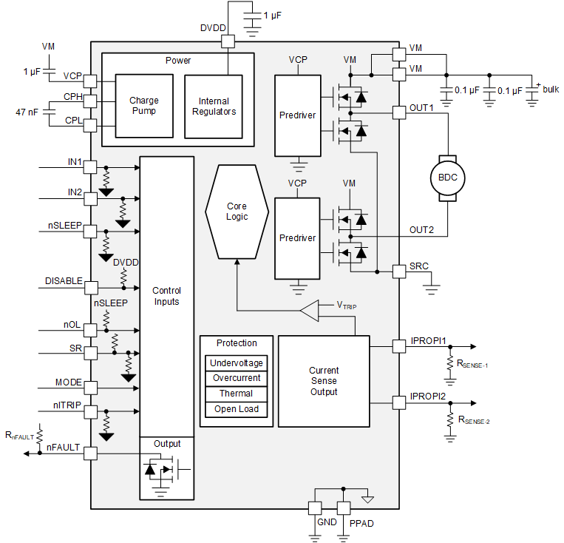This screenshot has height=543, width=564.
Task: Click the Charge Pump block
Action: (x=143, y=106)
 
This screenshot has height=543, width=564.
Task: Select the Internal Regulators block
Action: (x=214, y=106)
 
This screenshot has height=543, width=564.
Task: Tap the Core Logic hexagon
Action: (x=237, y=211)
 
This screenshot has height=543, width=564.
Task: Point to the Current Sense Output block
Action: (x=324, y=381)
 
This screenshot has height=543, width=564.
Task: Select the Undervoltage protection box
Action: (x=236, y=363)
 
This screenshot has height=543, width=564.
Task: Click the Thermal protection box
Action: (x=236, y=394)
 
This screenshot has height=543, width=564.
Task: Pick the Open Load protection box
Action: (x=236, y=409)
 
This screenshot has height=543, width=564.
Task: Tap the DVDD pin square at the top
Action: (x=228, y=42)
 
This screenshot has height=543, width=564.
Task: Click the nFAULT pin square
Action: (x=91, y=453)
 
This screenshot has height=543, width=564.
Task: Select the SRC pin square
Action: (x=398, y=271)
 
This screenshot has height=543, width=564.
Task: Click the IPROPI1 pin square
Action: (x=398, y=345)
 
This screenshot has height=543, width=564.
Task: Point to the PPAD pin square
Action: (x=343, y=508)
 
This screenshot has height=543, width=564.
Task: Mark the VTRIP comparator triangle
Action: (x=309, y=311)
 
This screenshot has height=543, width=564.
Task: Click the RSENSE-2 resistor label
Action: (x=474, y=420)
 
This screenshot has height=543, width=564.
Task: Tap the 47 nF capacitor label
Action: (x=27, y=112)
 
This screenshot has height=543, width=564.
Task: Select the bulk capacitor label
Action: (x=551, y=90)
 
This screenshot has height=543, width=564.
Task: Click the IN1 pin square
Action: (x=91, y=166)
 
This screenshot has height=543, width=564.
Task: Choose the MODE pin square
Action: (x=91, y=386)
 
